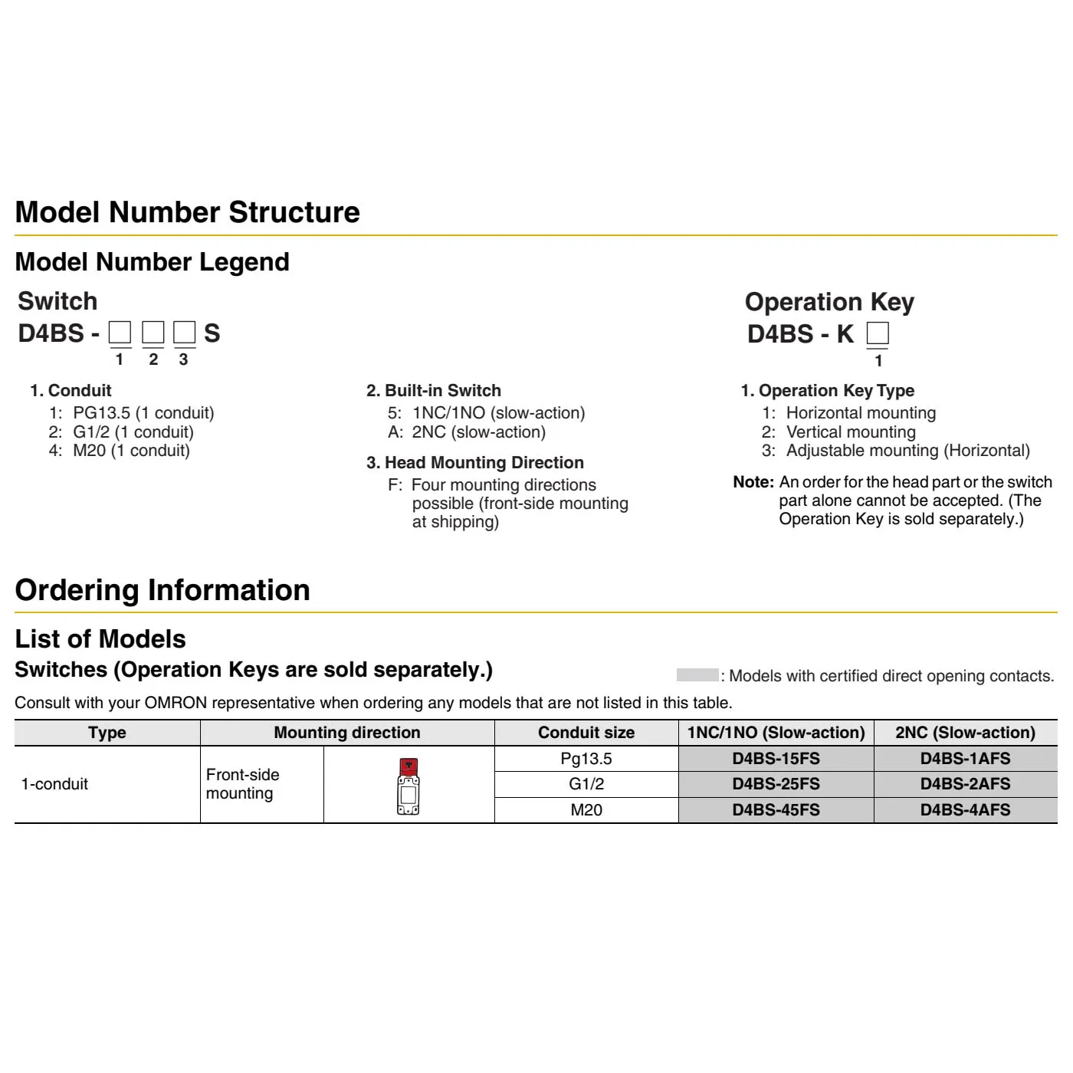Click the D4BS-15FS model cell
point(776,759)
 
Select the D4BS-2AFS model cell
point(965,784)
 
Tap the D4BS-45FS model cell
point(776,810)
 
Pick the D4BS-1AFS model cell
point(965,759)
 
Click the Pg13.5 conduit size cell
point(586,759)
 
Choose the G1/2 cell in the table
point(586,784)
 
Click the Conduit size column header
point(586,733)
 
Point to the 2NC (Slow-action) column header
point(965,733)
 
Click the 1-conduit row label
point(54,784)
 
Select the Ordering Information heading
point(162,590)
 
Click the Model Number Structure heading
point(187,212)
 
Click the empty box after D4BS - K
point(878,334)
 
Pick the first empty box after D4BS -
point(120,333)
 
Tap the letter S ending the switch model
point(212,333)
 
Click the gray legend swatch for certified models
point(697,675)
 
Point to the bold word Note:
point(753,482)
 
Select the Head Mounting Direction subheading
point(475,463)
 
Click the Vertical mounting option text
point(851,432)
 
